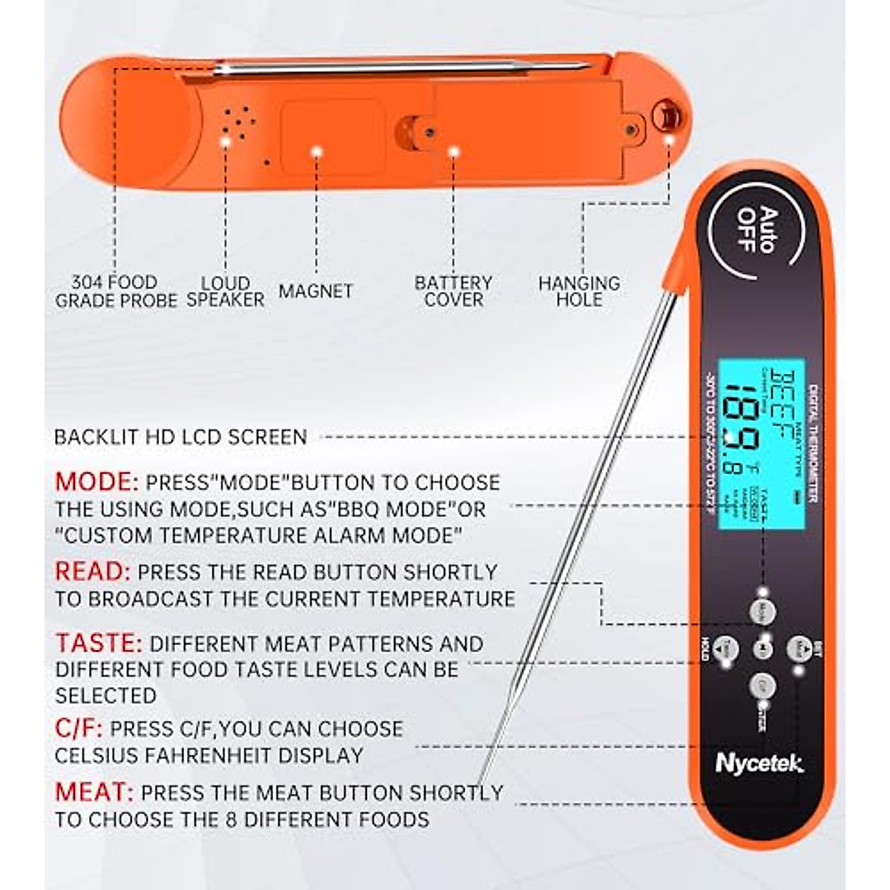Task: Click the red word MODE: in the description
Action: (x=96, y=482)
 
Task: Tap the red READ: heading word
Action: (x=93, y=572)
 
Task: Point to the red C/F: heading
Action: (x=79, y=728)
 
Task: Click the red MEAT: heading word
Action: (x=94, y=792)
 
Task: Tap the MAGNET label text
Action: (x=316, y=291)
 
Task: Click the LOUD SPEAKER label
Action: (x=225, y=291)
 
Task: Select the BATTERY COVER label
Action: (x=453, y=291)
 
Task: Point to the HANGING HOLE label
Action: (x=579, y=291)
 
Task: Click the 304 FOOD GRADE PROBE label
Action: (x=116, y=291)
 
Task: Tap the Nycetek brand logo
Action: (x=759, y=763)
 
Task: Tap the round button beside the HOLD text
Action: (x=728, y=650)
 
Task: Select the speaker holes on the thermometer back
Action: (x=239, y=122)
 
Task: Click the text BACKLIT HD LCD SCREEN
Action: (x=181, y=437)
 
